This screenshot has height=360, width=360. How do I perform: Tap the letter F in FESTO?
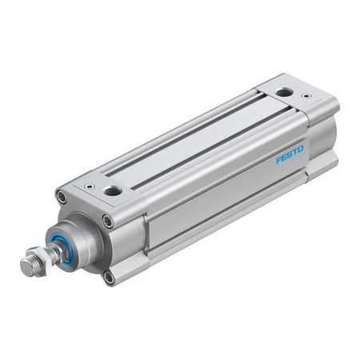[x=279, y=159]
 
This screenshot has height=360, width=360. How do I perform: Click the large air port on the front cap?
[x=113, y=192]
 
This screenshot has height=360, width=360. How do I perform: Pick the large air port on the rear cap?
[x=284, y=93]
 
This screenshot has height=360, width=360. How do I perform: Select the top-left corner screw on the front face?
[x=61, y=196]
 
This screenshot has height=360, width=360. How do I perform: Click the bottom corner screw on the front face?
[x=109, y=277]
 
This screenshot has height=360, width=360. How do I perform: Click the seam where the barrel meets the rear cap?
[x=307, y=152]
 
